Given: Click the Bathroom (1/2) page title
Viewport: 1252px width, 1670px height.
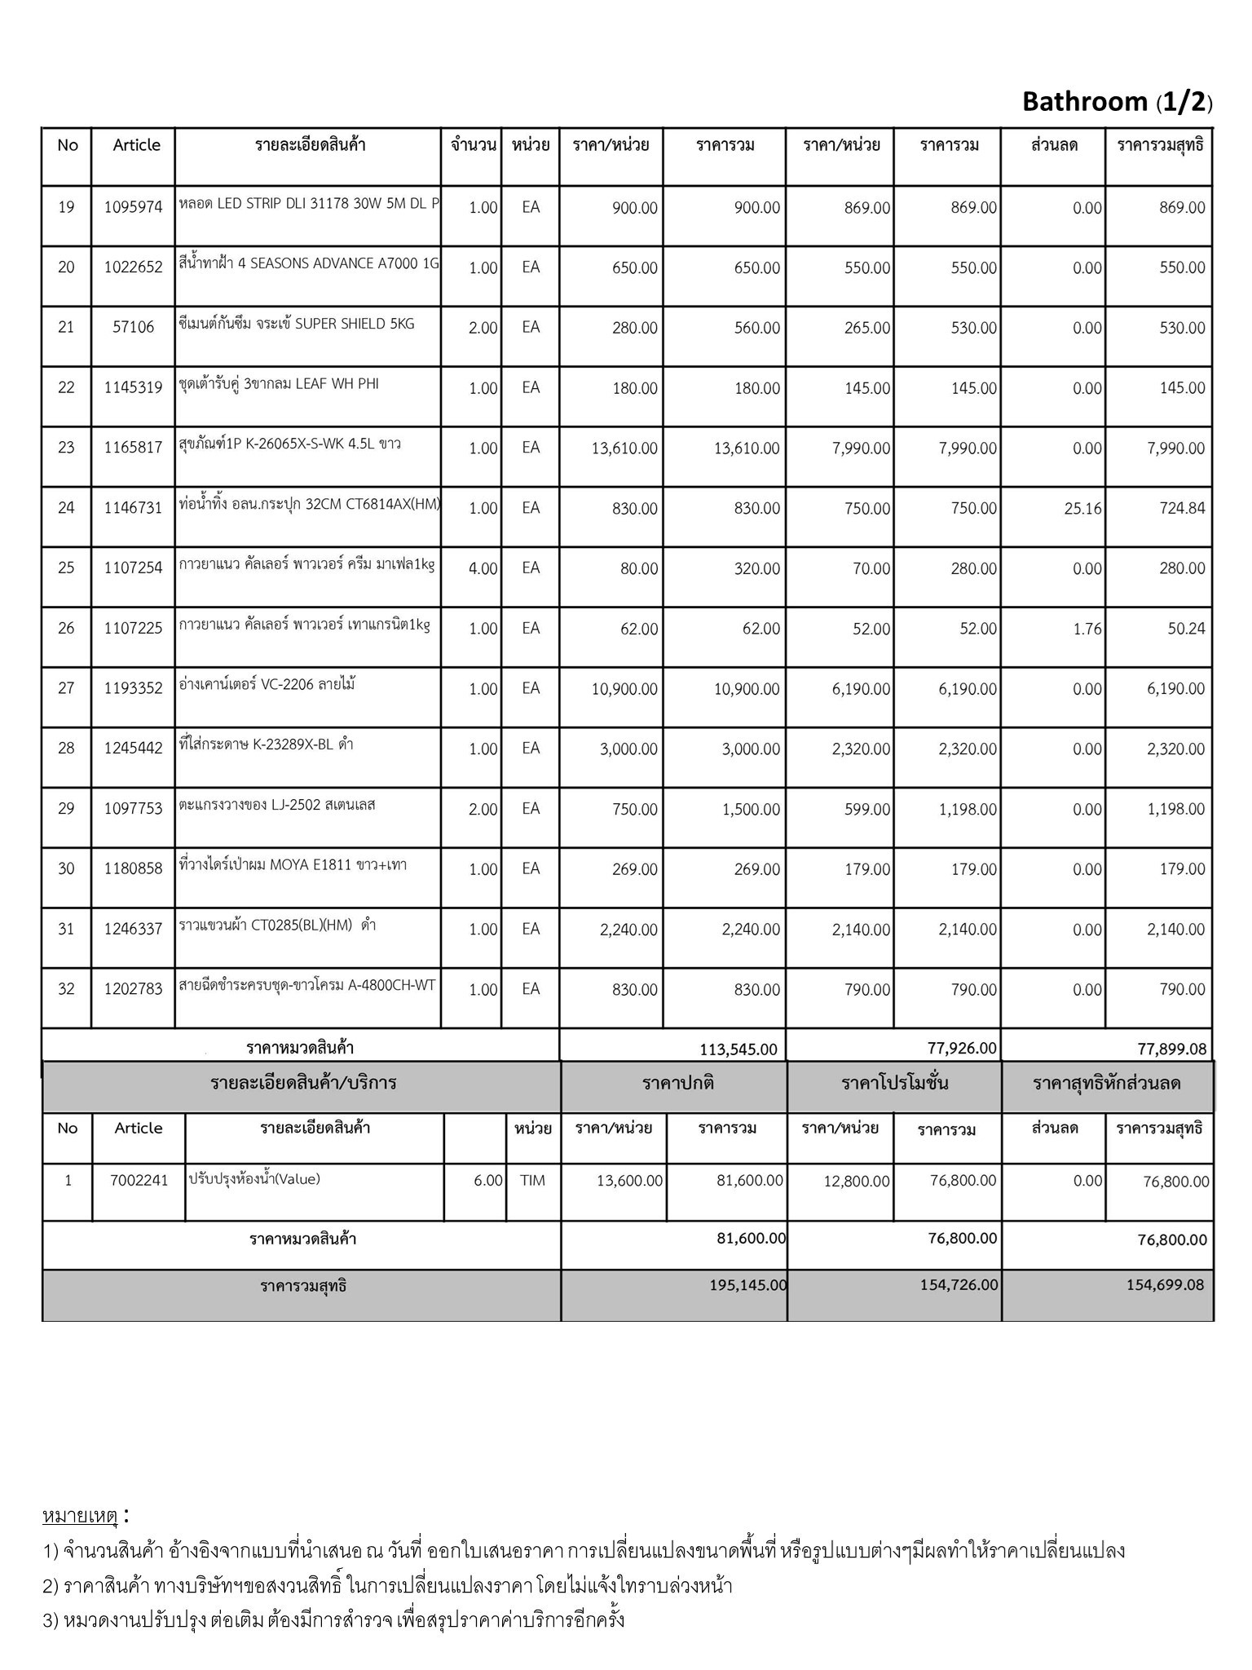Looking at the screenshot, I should [x=1117, y=102].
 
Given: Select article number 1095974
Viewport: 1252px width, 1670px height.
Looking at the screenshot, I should [x=133, y=207].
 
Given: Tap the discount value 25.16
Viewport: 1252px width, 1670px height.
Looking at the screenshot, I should [x=1082, y=509].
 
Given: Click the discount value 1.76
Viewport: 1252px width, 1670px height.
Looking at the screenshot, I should [x=1087, y=629].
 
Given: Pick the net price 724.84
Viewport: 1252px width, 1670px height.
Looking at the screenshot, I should [x=1182, y=509].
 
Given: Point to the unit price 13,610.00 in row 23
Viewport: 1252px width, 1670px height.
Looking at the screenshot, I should [x=624, y=448].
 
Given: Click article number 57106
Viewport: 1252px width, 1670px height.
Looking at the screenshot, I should [x=133, y=327].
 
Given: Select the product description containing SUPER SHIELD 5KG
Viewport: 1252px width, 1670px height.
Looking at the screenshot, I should [x=297, y=324].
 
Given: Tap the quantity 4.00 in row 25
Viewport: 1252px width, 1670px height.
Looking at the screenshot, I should [x=483, y=568].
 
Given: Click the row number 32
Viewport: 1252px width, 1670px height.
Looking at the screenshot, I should [x=66, y=989].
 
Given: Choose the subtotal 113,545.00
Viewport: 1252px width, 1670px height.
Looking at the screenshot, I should [x=738, y=1049].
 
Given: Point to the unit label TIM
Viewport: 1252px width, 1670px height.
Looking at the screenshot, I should [x=532, y=1180].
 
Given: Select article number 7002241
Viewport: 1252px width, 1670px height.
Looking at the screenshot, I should [x=139, y=1180].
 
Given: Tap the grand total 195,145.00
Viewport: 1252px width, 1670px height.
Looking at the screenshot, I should [x=747, y=1285].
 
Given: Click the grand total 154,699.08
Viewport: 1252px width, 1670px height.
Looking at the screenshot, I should [x=1165, y=1285].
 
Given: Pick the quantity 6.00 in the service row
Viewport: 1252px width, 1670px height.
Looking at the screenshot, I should [x=487, y=1181].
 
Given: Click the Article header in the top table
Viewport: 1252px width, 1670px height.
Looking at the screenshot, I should [x=136, y=145].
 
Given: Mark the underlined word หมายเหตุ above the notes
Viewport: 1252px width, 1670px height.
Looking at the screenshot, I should [x=81, y=1516].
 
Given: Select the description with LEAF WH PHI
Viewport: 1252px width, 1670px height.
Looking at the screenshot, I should [x=279, y=384].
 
